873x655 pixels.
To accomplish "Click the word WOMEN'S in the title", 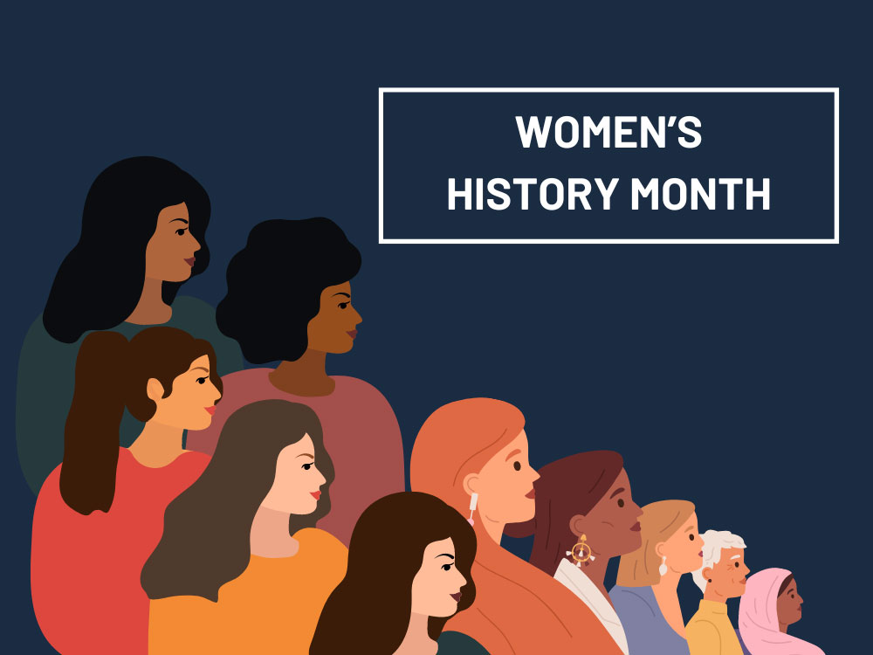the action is [x=608, y=132].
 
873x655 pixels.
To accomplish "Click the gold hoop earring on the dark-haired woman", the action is [x=581, y=550].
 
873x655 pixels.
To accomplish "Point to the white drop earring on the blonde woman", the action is [x=663, y=566].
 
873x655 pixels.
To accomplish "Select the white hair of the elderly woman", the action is [x=718, y=551].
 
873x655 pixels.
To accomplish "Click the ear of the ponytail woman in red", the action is [x=155, y=390].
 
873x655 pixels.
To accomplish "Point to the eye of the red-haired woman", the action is [x=517, y=465].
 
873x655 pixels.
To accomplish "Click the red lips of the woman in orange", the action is [x=316, y=494].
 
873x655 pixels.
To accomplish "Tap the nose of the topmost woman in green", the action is [x=196, y=244].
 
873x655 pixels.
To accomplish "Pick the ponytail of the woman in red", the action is [x=92, y=424].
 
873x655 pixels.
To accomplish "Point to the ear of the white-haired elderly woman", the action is [x=708, y=574].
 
